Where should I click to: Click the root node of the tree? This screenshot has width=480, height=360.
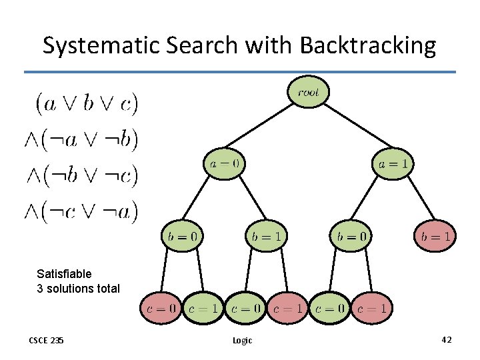pos(308,93)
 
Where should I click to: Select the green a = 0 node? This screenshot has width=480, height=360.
pos(224,163)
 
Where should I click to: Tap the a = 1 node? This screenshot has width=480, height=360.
pos(393,163)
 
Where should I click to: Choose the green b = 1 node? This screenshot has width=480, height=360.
pos(267,235)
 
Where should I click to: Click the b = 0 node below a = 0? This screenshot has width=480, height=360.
pos(182,235)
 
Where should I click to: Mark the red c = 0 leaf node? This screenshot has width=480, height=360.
pos(161,309)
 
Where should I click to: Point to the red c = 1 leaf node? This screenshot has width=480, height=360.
pos(287,309)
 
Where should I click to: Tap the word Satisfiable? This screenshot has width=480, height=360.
pos(64,273)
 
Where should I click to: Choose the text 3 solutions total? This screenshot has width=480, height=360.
pos(78,289)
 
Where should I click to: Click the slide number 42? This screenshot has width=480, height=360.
pos(446,340)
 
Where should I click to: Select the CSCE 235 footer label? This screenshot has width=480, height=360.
pos(46,341)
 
